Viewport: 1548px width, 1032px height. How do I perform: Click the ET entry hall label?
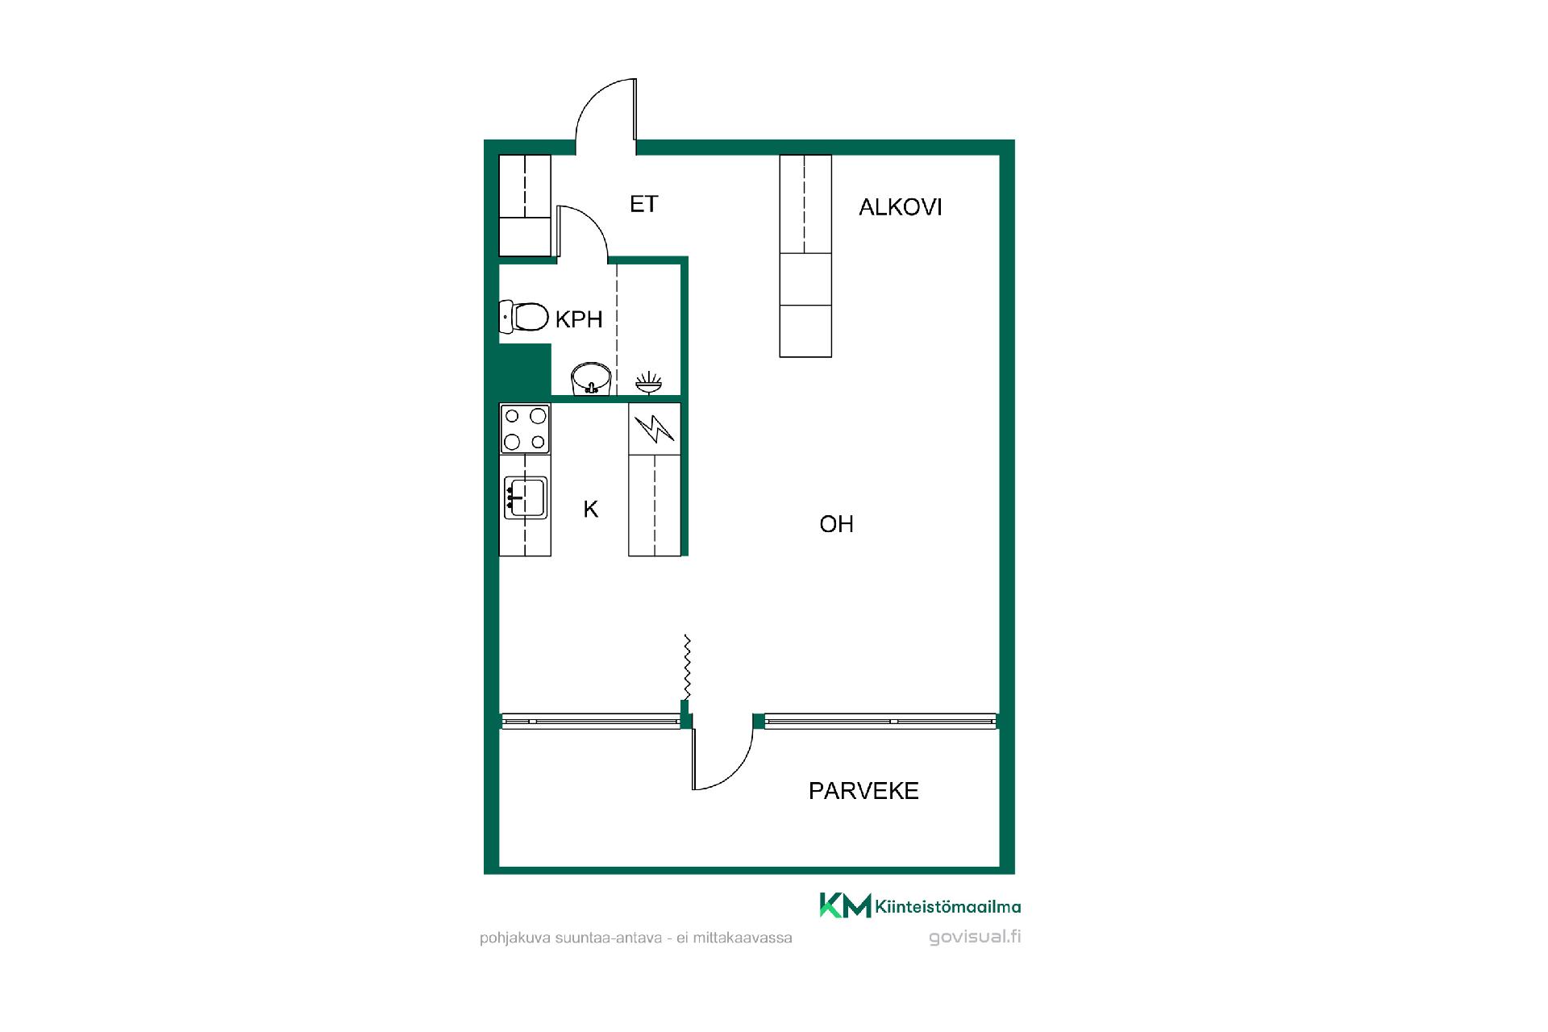pos(643,204)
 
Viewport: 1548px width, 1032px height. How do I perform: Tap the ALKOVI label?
pos(900,207)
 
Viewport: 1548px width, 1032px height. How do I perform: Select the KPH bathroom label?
pos(579,319)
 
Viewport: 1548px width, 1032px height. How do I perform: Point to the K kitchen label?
pos(591,510)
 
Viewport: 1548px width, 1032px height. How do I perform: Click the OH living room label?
pos(836,524)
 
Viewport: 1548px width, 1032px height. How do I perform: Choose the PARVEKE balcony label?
pos(863,791)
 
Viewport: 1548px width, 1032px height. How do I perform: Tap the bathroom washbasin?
pos(591,379)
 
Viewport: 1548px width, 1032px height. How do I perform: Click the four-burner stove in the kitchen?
pos(525,429)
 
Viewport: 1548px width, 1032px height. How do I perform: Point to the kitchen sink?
pos(525,497)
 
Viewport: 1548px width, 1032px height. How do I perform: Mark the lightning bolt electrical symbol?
pos(654,429)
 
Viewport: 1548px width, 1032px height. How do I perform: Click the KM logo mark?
pos(845,905)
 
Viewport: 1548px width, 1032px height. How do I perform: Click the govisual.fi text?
pos(975,937)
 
